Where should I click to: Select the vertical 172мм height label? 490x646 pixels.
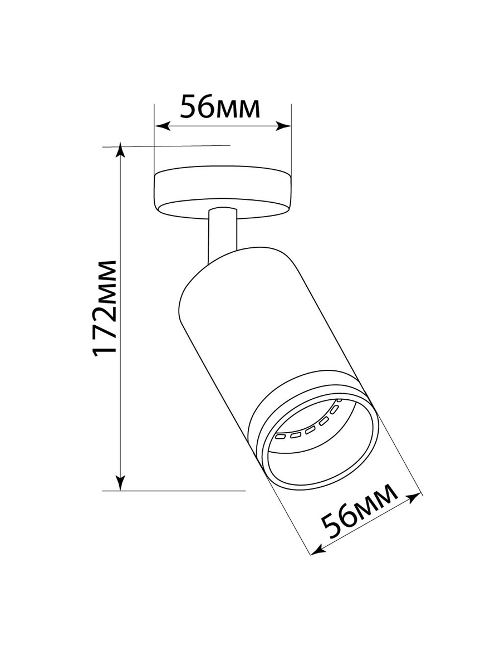pyautogui.click(x=105, y=307)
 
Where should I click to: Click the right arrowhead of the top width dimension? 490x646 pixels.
pyautogui.click(x=286, y=126)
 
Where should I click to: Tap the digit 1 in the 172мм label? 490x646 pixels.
pyautogui.click(x=104, y=349)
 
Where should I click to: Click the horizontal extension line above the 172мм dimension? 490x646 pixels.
pyautogui.click(x=167, y=146)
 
